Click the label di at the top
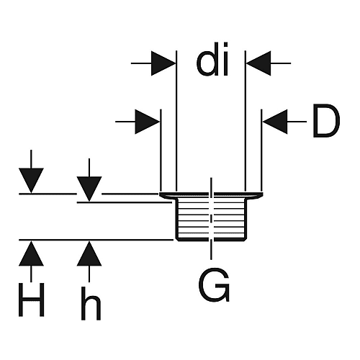212,59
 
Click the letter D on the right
326,120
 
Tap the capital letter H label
32,300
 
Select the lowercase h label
91,303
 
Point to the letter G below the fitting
214,285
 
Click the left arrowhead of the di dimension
163,63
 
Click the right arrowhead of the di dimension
258,63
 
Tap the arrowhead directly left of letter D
275,122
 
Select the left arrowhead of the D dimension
148,122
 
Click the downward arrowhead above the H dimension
31,181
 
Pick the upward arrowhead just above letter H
31,253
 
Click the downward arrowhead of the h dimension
89,189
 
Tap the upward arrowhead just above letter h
89,253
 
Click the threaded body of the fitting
211,219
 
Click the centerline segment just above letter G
211,250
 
